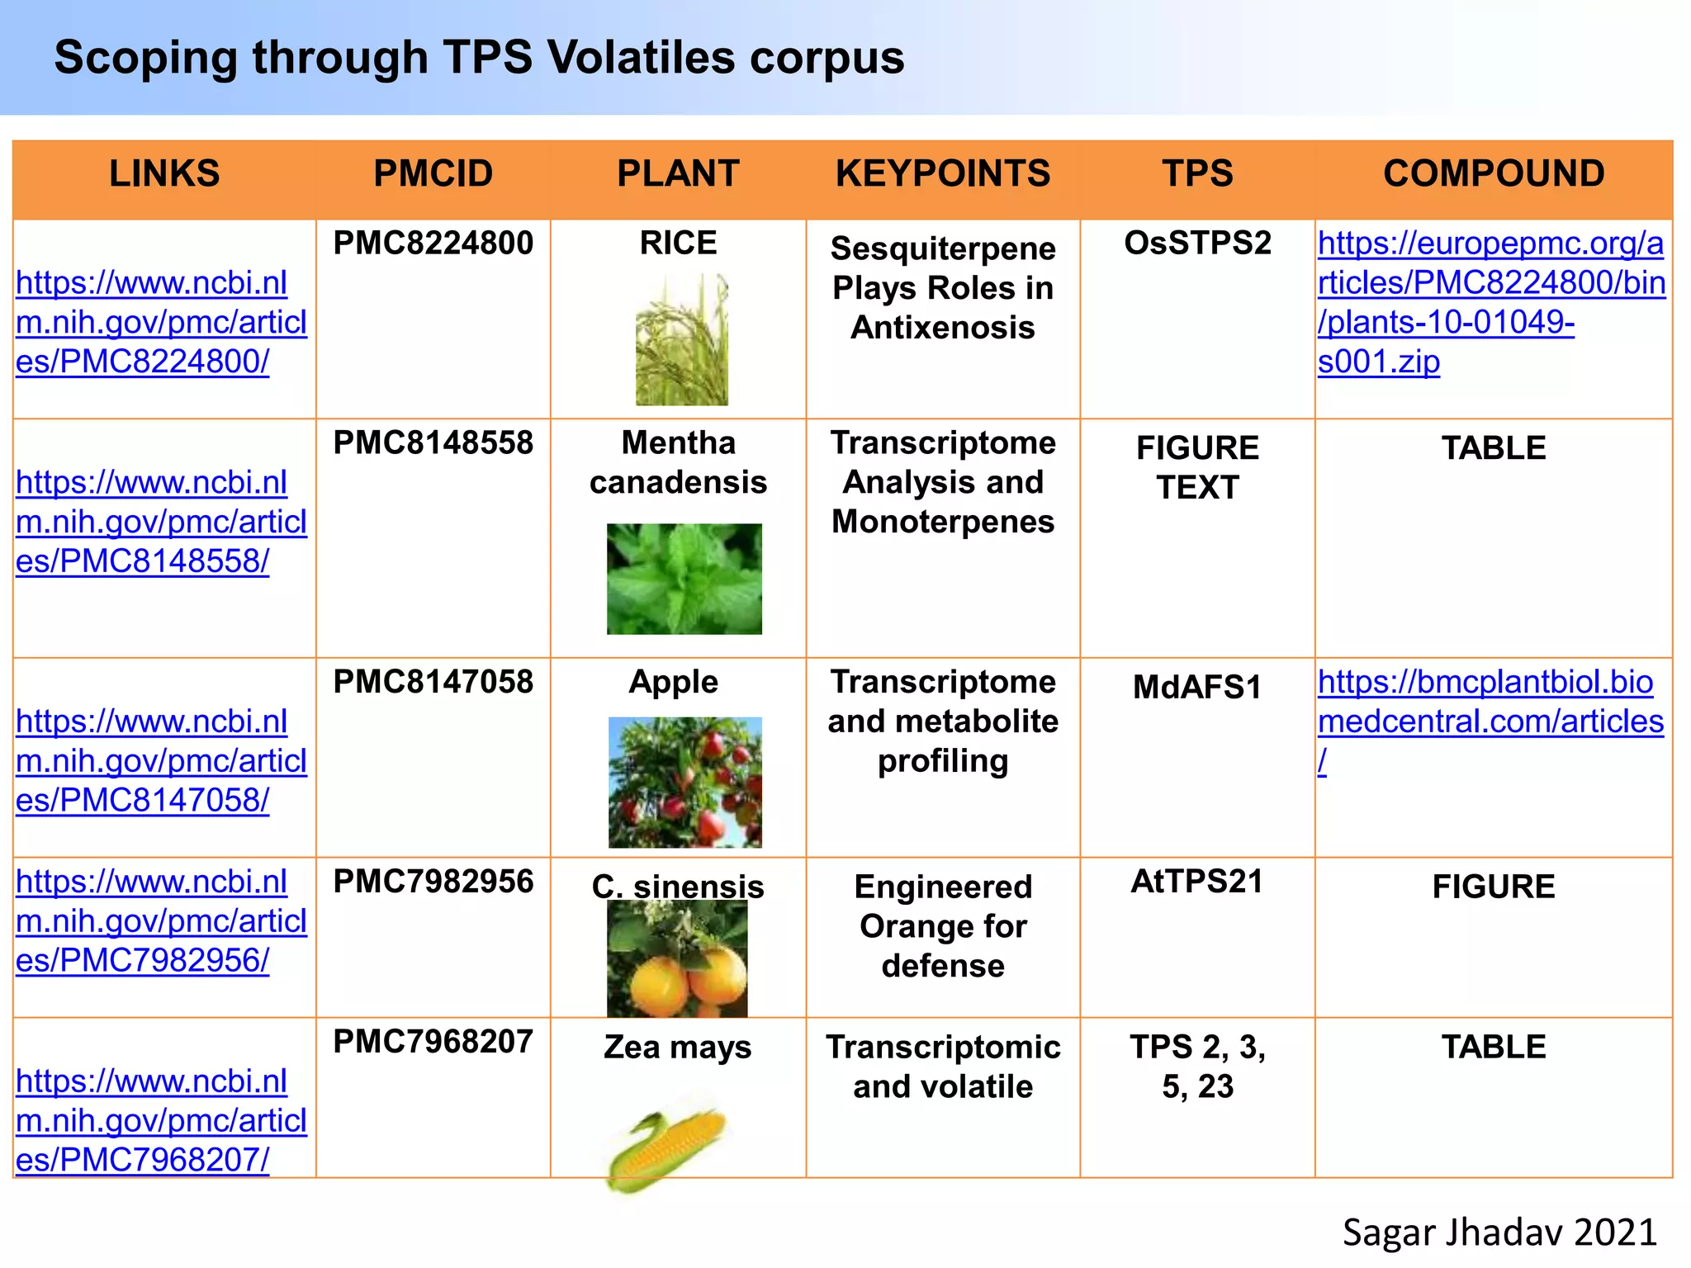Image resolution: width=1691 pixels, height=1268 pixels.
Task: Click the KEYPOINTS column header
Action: click(x=942, y=174)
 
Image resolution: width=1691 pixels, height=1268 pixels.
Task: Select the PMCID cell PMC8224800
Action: click(x=433, y=244)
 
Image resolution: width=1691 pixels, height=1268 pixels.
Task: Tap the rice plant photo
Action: click(x=681, y=339)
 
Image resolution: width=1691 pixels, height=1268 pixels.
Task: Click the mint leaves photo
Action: click(x=684, y=579)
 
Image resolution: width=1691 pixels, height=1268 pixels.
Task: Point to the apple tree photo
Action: click(x=684, y=782)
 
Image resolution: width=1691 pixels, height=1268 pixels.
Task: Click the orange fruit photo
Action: click(x=677, y=960)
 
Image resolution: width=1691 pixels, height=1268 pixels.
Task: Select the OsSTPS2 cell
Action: click(x=1196, y=244)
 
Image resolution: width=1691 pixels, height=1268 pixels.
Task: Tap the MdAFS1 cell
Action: click(x=1196, y=688)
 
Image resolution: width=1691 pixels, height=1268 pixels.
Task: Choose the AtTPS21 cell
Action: click(x=1196, y=882)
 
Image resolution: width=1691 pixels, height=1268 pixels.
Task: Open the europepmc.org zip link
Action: click(x=1490, y=302)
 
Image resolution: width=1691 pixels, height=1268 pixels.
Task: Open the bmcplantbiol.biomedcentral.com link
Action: click(x=1490, y=703)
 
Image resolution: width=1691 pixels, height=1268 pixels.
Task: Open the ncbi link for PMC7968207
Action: click(x=161, y=1120)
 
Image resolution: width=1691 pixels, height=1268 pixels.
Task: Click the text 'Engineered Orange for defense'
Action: click(x=943, y=926)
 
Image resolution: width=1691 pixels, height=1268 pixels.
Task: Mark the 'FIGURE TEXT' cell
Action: click(x=1197, y=468)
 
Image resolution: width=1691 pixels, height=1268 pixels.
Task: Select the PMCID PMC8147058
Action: click(x=433, y=683)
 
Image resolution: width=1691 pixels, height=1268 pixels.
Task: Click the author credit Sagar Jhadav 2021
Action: click(x=1499, y=1233)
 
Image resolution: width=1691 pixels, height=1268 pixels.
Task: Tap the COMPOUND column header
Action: click(x=1493, y=174)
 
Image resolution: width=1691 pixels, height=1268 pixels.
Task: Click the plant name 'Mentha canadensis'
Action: click(x=678, y=462)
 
